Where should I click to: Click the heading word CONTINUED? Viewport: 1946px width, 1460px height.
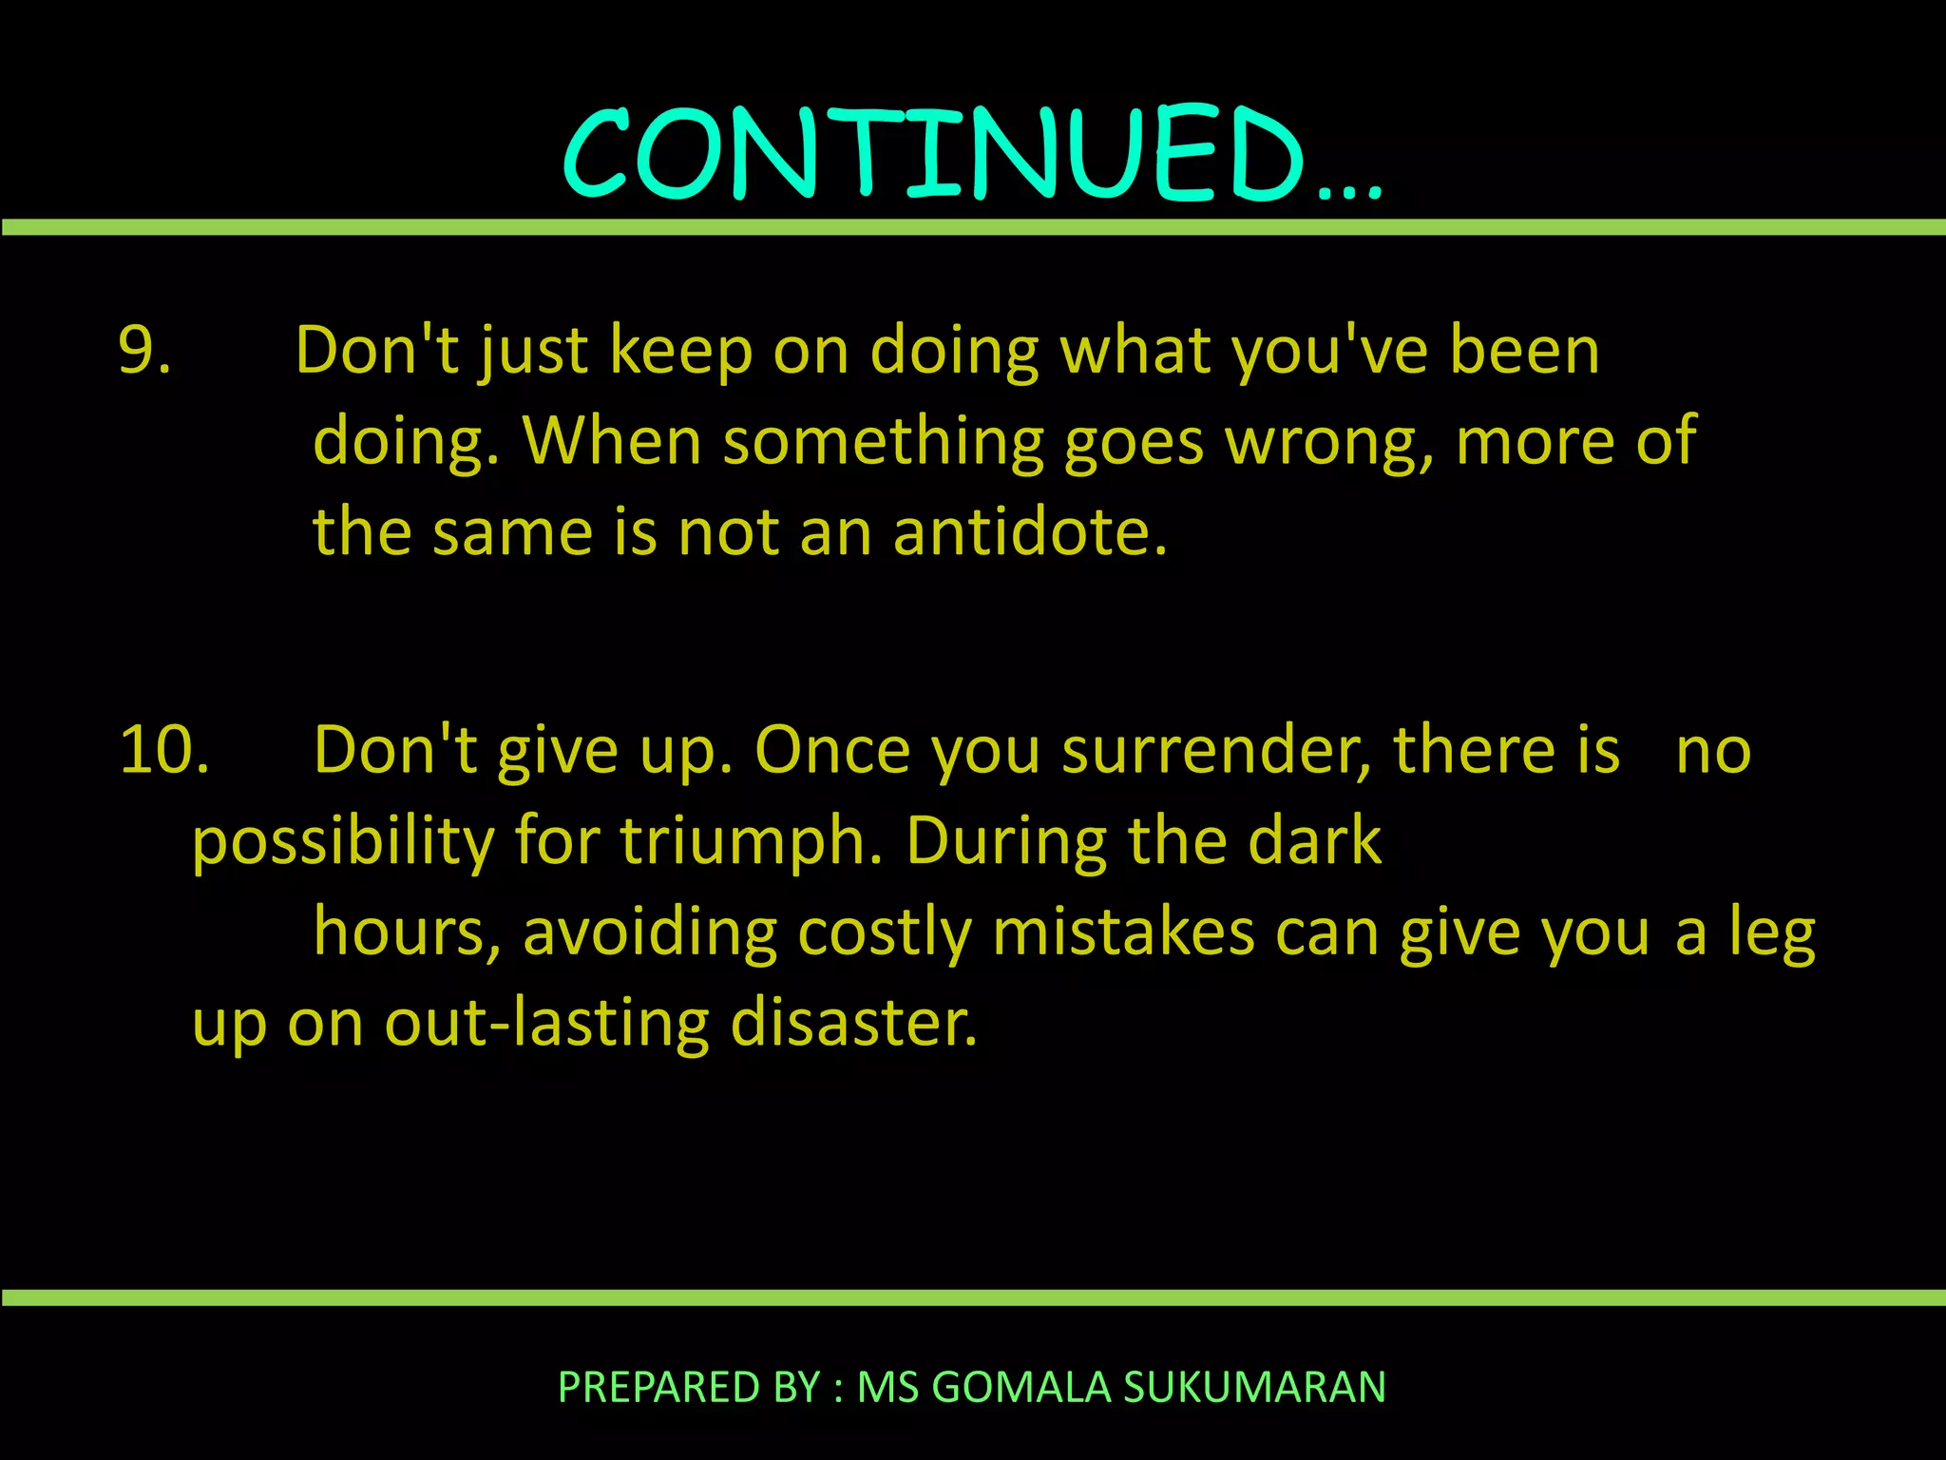click(936, 154)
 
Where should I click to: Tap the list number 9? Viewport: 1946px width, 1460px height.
click(144, 350)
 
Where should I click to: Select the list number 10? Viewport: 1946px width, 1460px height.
click(163, 750)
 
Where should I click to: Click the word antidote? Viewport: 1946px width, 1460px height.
click(1029, 531)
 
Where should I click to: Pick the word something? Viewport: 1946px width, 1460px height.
click(883, 442)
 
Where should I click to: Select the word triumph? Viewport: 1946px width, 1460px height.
click(752, 842)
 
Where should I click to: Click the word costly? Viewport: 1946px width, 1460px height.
click(885, 932)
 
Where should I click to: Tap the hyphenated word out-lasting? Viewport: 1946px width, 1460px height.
click(546, 1024)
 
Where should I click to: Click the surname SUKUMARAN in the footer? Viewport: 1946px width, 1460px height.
click(1255, 1387)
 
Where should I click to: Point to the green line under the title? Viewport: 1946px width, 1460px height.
click(973, 227)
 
